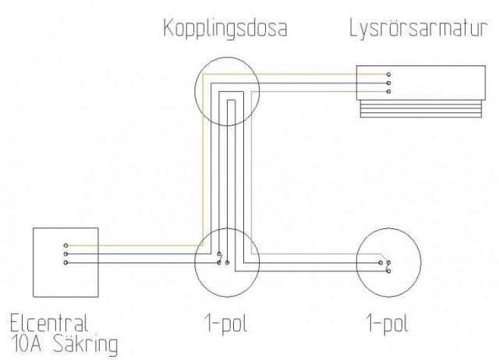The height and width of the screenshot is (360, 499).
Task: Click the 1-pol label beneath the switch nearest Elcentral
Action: [x=227, y=322]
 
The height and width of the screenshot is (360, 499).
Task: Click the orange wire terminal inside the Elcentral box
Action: [x=66, y=245]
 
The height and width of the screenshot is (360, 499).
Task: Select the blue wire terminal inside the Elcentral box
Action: [x=66, y=253]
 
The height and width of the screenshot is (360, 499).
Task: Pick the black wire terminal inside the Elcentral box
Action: [x=66, y=262]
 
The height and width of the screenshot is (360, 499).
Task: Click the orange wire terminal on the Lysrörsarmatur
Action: [x=388, y=76]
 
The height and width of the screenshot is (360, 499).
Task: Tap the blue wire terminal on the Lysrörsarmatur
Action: [x=388, y=83]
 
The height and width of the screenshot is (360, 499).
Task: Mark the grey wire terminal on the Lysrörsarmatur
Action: [x=388, y=92]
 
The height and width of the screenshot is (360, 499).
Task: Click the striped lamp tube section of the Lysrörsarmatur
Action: [x=418, y=109]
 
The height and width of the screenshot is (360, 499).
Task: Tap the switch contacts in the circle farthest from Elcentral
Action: [x=383, y=263]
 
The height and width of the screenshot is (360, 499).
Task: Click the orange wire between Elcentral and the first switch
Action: [x=133, y=245]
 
